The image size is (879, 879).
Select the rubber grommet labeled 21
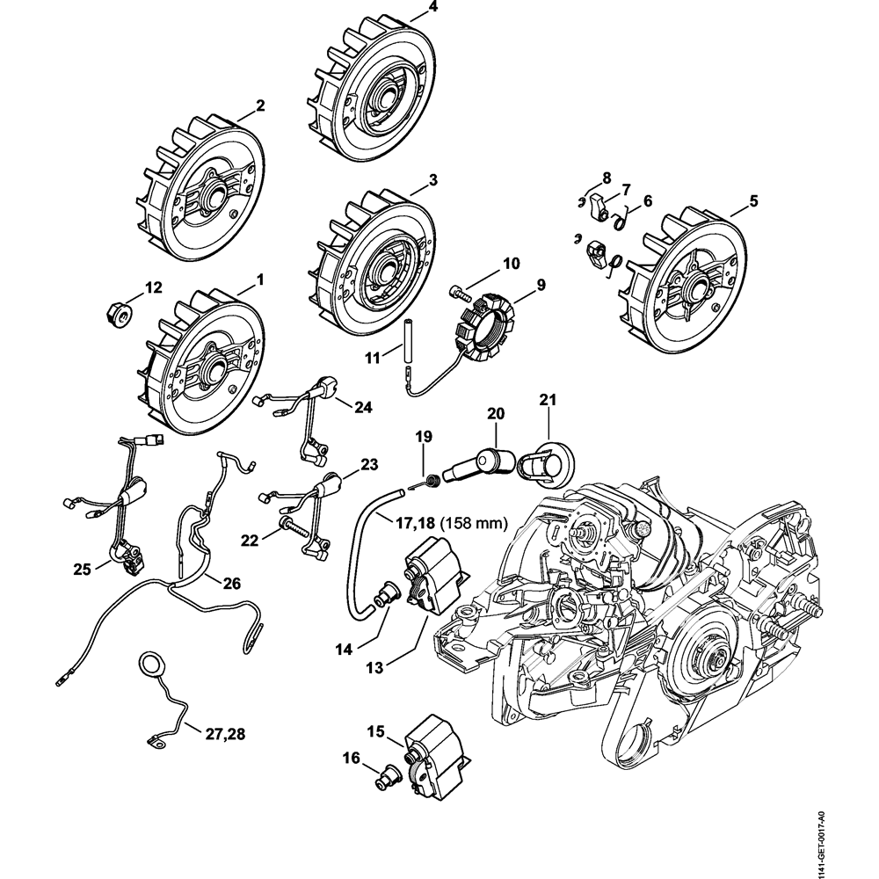pyautogui.click(x=542, y=463)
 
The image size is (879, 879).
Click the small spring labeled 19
pyautogui.click(x=432, y=479)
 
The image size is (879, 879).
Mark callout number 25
pyautogui.click(x=83, y=570)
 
